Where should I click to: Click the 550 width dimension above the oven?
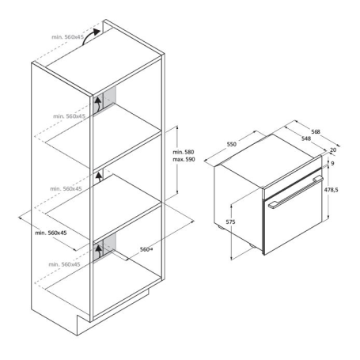tap(232, 146)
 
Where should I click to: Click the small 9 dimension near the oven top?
tap(332, 164)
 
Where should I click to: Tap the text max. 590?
tap(184, 160)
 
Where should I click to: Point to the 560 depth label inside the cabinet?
tap(145, 249)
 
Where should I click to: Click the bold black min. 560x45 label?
tap(51, 233)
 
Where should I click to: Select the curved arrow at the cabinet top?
tap(93, 33)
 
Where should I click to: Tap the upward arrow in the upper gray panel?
tap(98, 103)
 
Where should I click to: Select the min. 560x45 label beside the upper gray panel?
tap(69, 116)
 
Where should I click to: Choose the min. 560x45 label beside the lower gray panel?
tap(64, 264)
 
